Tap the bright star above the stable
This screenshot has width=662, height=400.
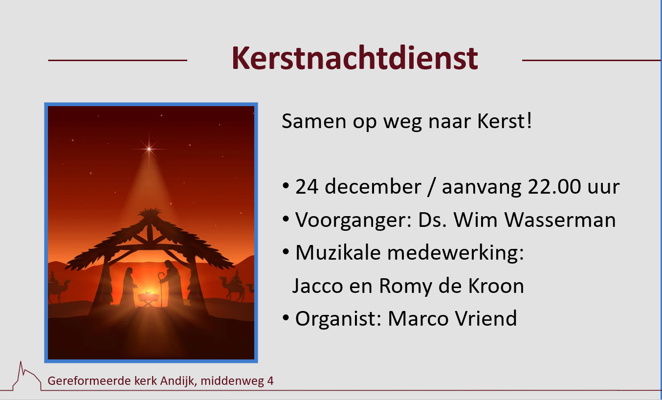149,149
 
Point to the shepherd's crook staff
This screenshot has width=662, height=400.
161,289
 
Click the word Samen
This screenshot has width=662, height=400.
314,121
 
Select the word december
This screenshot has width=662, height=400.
373,187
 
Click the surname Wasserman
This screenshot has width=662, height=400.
560,220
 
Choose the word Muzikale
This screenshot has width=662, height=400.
338,253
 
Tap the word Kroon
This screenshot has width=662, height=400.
496,286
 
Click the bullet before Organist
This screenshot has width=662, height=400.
286,318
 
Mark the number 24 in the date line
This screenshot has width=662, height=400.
307,187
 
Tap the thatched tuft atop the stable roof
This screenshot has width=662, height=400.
150,213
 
